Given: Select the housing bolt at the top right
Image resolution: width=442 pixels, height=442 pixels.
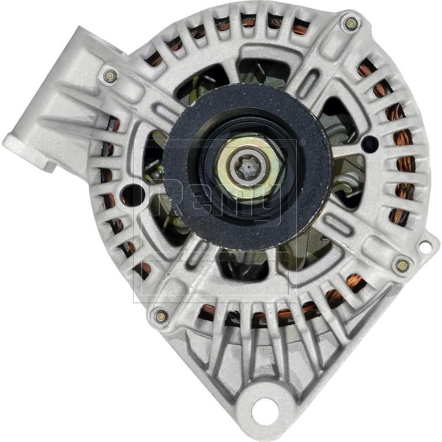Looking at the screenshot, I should tap(350, 23).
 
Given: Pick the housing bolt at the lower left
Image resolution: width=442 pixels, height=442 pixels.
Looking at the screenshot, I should tap(161, 316).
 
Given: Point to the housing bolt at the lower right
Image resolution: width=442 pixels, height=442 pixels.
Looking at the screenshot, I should tap(402, 265).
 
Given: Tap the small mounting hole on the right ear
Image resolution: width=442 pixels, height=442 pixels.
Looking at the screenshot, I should tap(425, 248).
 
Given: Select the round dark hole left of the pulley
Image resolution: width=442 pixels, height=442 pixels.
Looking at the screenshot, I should tap(132, 195).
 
